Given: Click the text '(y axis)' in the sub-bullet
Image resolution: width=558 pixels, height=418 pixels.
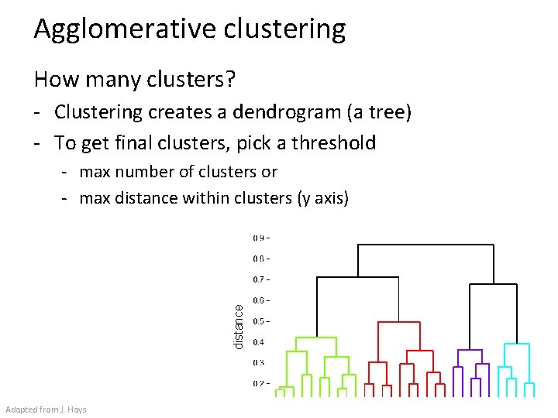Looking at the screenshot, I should (x=323, y=198).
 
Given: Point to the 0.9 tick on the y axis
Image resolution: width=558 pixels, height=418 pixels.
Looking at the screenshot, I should (x=260, y=238).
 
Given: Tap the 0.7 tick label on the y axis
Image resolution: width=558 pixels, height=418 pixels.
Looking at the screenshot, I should (x=260, y=279).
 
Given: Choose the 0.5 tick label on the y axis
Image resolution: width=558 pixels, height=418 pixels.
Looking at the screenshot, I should (x=260, y=321).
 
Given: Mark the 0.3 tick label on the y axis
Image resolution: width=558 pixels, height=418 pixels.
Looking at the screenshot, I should (x=259, y=363).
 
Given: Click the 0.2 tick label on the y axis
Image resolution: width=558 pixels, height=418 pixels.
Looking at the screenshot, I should (x=260, y=384).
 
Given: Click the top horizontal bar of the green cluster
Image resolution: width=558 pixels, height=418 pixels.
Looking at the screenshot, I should (x=315, y=337).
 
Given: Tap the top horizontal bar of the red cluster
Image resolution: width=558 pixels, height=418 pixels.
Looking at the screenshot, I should (x=398, y=323).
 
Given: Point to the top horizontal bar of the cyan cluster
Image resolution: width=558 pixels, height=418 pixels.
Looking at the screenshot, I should (x=516, y=344).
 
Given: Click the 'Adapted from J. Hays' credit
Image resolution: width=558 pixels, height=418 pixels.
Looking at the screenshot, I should (x=46, y=409).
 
